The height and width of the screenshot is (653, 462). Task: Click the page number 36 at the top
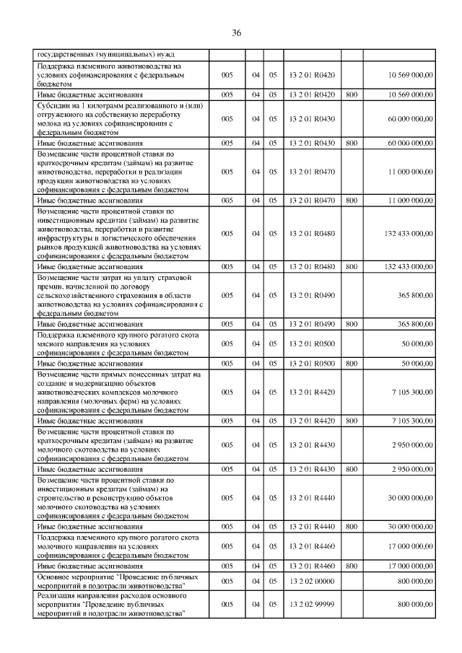pyautogui.click(x=236, y=33)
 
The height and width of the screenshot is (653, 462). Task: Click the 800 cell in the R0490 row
pyautogui.click(x=352, y=324)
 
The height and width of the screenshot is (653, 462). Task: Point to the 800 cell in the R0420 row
pyautogui.click(x=352, y=95)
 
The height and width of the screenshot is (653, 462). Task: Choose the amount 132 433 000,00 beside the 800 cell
pyautogui.click(x=409, y=267)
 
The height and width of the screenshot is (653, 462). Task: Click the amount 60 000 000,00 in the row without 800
pyautogui.click(x=409, y=118)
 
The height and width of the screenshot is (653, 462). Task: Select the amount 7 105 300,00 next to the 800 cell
pyautogui.click(x=411, y=419)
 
